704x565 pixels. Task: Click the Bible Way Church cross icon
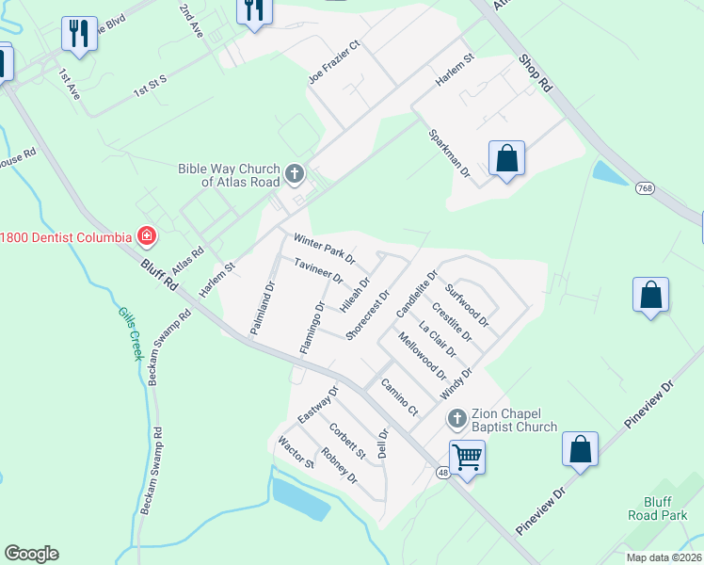pos(295,173)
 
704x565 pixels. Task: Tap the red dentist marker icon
pos(146,235)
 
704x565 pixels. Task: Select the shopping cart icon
pos(466,457)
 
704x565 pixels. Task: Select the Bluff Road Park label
pos(658,508)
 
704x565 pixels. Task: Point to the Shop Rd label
pos(535,73)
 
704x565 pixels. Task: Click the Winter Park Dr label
pos(324,248)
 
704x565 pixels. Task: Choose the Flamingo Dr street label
pos(312,328)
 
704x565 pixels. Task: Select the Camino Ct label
pos(399,396)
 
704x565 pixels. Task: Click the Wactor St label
pos(296,452)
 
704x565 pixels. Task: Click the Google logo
pos(31,554)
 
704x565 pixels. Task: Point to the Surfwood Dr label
pos(468,305)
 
